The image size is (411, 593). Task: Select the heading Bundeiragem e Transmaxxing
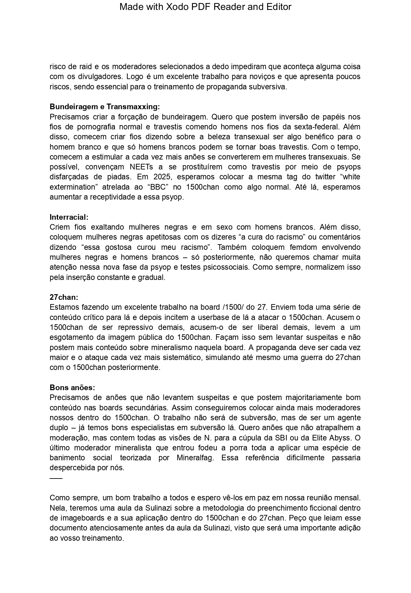click(x=105, y=107)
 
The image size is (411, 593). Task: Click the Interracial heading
click(x=69, y=217)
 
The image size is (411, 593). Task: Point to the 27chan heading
click(x=64, y=297)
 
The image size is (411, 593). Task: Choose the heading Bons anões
click(x=72, y=388)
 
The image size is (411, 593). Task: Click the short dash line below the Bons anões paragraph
click(x=56, y=478)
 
